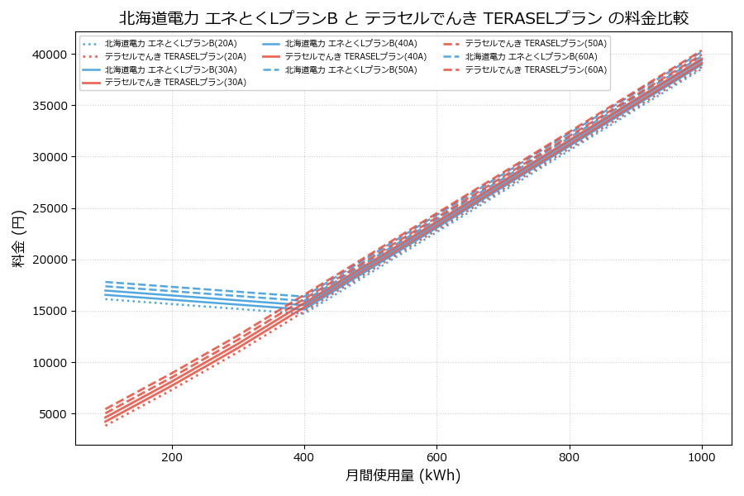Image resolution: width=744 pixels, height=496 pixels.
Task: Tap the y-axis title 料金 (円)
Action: coord(18,238)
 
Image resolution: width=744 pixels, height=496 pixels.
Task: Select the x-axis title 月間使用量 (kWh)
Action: coord(403,475)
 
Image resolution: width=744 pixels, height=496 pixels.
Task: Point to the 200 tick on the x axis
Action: coord(172,455)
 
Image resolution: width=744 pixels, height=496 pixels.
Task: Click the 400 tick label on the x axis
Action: coord(304,455)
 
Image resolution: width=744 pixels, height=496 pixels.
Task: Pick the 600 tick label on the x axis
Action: coord(436,455)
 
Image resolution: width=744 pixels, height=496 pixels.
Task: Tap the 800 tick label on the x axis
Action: coord(570,455)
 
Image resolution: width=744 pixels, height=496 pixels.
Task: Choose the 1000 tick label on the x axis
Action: coord(702,455)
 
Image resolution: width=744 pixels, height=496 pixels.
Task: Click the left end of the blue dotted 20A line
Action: coord(106,299)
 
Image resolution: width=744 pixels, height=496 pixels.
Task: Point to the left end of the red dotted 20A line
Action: coord(106,425)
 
